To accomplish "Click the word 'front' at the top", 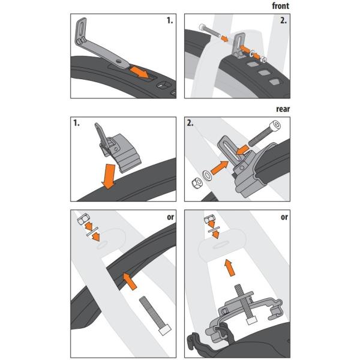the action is click(x=280, y=6).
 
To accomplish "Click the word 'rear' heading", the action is click(x=283, y=109).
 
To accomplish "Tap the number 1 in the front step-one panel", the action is click(x=170, y=20).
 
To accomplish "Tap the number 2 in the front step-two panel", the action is click(x=283, y=20).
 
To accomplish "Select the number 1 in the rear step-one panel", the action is click(x=76, y=123).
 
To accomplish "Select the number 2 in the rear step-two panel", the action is click(x=190, y=123).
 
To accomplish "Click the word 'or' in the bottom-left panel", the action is click(x=170, y=217).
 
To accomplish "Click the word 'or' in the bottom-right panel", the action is click(x=284, y=217).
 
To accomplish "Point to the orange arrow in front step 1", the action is click(x=140, y=71).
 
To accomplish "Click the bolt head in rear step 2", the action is click(x=275, y=126).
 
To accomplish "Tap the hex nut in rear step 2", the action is click(x=197, y=184).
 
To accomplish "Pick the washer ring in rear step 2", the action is click(x=208, y=176).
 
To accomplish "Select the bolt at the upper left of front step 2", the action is click(x=210, y=31).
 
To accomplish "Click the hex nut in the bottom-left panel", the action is click(x=83, y=219).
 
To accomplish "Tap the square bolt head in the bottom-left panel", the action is click(x=165, y=329).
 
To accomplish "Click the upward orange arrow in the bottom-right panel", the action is click(x=230, y=268).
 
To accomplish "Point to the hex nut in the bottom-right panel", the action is click(x=209, y=218).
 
